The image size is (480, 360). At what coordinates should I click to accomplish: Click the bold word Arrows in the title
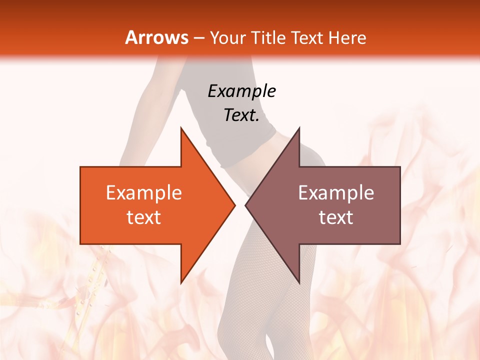point(156,37)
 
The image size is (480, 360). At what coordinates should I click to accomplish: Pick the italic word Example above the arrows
point(241,91)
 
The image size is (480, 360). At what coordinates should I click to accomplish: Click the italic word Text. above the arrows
point(241,115)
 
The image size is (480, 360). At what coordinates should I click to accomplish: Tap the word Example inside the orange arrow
point(144,193)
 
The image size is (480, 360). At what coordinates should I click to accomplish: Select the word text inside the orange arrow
point(144,217)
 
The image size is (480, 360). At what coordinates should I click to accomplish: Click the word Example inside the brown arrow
point(336,193)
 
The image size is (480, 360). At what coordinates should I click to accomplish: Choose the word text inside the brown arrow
point(336,217)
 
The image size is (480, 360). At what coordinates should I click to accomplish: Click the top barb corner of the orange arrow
point(181,128)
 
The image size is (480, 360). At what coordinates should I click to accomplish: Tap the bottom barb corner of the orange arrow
point(181,282)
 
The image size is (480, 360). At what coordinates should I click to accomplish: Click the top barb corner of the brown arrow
point(299,128)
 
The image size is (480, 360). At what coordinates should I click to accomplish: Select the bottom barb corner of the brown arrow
point(299,282)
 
